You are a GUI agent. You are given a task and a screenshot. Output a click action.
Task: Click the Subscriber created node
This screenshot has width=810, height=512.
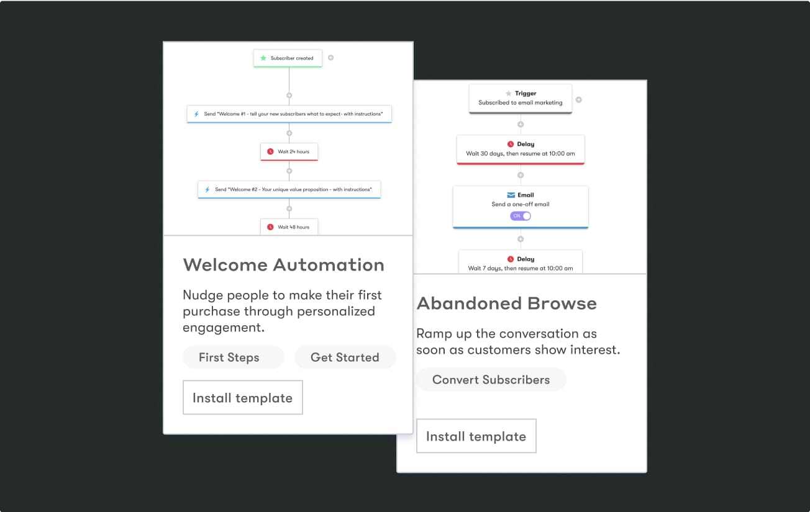pyautogui.click(x=288, y=58)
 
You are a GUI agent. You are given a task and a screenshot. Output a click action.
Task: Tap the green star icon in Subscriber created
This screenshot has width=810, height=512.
pyautogui.click(x=263, y=58)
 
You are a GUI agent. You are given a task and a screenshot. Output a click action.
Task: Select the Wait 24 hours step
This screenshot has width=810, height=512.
pyautogui.click(x=289, y=151)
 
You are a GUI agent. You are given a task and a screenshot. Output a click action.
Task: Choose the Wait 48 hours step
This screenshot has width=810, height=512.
pyautogui.click(x=289, y=227)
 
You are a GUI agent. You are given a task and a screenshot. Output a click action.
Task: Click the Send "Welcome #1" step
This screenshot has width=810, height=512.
pyautogui.click(x=289, y=114)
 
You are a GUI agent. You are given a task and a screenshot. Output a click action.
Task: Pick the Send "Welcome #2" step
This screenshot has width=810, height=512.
pyautogui.click(x=289, y=189)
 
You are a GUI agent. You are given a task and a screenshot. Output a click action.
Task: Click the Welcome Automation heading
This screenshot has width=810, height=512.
pyautogui.click(x=283, y=265)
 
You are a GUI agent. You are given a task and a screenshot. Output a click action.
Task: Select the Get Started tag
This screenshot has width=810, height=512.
pyautogui.click(x=345, y=357)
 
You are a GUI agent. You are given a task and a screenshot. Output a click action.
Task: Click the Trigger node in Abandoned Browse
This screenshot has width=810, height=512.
pyautogui.click(x=520, y=98)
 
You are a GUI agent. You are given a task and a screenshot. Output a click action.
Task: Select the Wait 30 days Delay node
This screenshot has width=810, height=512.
pyautogui.click(x=520, y=149)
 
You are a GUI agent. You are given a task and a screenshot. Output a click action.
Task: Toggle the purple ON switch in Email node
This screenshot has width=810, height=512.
pyautogui.click(x=521, y=216)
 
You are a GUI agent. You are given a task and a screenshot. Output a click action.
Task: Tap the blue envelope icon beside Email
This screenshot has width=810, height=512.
pyautogui.click(x=511, y=195)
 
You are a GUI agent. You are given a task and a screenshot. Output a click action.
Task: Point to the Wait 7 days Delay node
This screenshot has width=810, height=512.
pyautogui.click(x=520, y=263)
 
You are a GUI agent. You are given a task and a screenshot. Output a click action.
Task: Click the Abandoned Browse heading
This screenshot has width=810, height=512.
pyautogui.click(x=506, y=303)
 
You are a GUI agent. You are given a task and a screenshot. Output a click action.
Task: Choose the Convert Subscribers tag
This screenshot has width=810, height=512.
pyautogui.click(x=491, y=380)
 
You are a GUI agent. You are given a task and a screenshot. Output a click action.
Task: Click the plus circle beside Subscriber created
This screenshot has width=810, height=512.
pyautogui.click(x=330, y=58)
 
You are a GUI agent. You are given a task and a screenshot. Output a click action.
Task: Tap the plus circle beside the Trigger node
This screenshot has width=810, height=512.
pyautogui.click(x=578, y=99)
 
